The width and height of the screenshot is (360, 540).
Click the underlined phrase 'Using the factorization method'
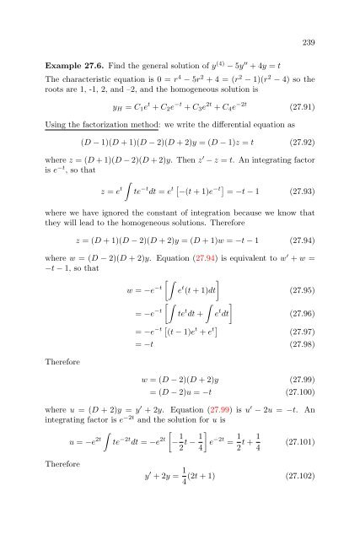(x=107, y=123)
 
